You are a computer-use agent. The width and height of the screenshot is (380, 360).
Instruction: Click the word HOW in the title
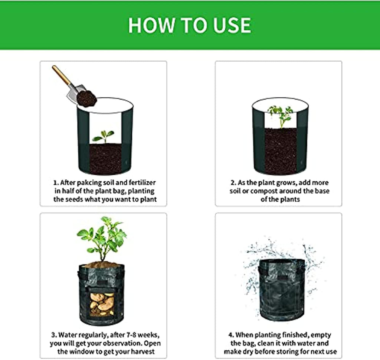coord(151,25)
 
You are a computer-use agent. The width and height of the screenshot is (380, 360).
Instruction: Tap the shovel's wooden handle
coord(62,75)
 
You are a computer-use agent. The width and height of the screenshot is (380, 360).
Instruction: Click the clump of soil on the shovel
coord(86,98)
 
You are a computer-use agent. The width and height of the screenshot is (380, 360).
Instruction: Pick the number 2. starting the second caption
coord(233,183)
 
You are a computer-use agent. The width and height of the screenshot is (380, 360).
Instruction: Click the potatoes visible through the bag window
coord(102,304)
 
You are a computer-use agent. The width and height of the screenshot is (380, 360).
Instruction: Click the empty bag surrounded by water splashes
coord(282,290)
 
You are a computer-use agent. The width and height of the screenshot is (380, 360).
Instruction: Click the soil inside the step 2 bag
coord(281,150)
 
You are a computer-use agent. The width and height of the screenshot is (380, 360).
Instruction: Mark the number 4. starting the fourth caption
coord(231,335)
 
